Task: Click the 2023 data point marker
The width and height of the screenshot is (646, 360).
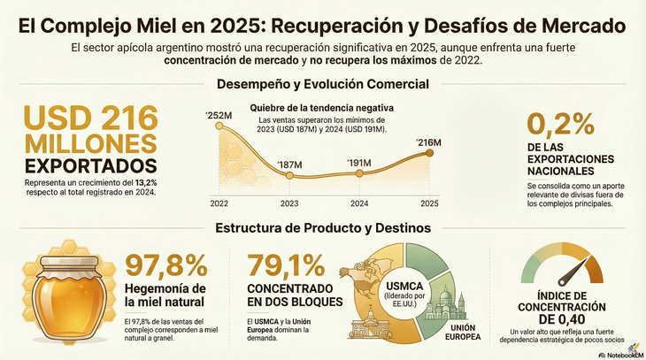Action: (x=290, y=176)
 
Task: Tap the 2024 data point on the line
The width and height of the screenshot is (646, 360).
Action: (x=358, y=174)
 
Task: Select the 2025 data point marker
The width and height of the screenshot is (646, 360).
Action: (x=429, y=153)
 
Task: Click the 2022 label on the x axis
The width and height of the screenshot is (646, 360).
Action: (x=218, y=203)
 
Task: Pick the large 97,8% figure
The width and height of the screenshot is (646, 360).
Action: (x=166, y=267)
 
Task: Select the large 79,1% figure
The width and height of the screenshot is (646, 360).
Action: (x=287, y=267)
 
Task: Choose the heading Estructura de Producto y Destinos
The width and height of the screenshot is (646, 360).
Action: (x=322, y=228)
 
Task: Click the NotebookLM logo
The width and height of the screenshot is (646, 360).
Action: (x=619, y=352)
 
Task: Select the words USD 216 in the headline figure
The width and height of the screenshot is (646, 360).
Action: (x=90, y=119)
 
